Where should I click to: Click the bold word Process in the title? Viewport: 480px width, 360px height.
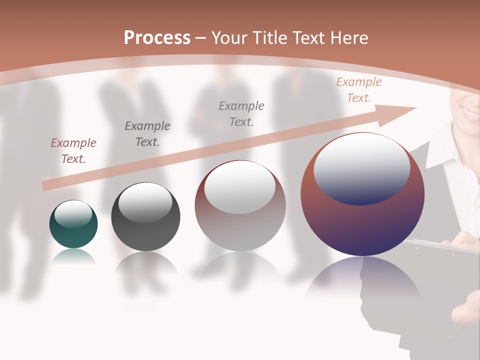(x=157, y=38)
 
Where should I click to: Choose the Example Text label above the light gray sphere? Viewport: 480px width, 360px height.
(x=241, y=113)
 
